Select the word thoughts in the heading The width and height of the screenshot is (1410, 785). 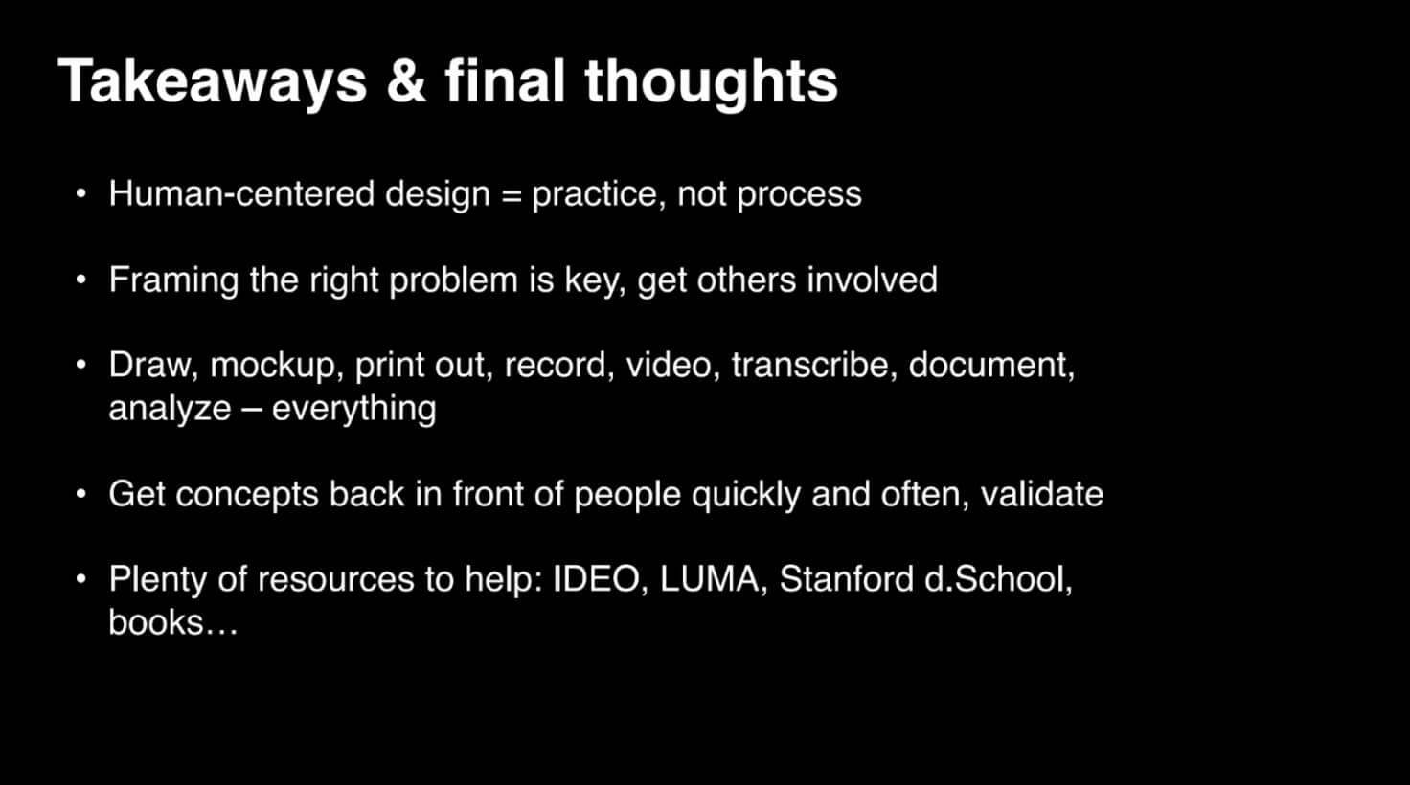[711, 80]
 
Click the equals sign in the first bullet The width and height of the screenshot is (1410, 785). [512, 194]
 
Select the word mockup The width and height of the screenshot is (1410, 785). [272, 366]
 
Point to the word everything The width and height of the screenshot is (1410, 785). [353, 409]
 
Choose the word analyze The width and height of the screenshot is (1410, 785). [170, 409]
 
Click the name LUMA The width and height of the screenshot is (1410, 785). [709, 580]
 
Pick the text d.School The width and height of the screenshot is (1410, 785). [996, 580]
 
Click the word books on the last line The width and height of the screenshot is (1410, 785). [156, 623]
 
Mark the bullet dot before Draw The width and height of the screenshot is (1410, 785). [82, 366]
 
